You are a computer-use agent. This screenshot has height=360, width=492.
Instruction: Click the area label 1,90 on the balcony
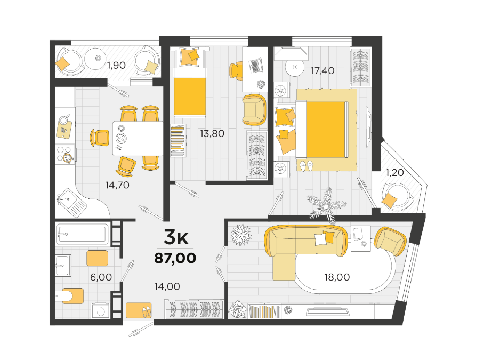(116, 65)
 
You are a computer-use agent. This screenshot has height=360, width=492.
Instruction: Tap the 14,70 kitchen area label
(117, 185)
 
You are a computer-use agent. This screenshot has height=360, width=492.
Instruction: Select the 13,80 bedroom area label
(212, 134)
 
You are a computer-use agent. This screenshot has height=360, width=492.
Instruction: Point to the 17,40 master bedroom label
(322, 70)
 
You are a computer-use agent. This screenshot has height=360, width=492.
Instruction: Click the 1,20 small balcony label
(394, 173)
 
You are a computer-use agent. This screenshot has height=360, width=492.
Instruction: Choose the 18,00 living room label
(337, 277)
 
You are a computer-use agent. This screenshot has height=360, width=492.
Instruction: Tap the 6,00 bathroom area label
(101, 277)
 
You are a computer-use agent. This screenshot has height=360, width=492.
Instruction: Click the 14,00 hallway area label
(167, 286)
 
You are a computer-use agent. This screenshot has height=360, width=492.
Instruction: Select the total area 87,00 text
(175, 258)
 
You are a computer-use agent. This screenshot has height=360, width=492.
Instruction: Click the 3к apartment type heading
(176, 237)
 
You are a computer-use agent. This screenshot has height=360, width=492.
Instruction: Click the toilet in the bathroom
(70, 296)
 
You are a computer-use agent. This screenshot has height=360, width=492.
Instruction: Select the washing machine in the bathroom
(101, 311)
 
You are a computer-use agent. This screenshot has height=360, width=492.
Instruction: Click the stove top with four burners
(65, 154)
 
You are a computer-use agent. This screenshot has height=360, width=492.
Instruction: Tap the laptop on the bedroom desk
(256, 65)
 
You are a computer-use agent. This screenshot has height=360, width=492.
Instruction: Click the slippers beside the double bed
(306, 165)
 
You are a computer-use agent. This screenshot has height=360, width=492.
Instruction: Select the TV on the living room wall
(328, 311)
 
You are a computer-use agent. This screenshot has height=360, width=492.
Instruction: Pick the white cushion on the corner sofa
(320, 239)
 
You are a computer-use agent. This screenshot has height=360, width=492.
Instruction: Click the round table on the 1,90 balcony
(98, 58)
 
